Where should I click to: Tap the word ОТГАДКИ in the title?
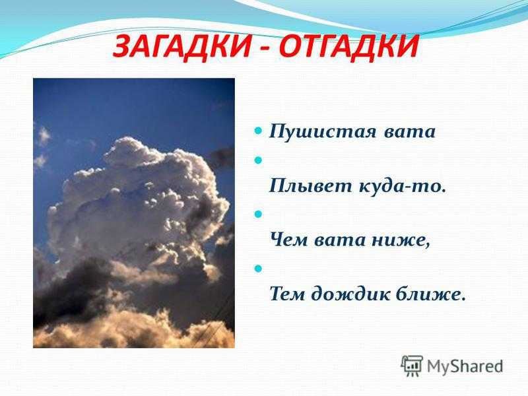(x=349, y=47)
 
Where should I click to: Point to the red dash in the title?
(x=265, y=49)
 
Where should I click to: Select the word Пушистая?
(x=322, y=131)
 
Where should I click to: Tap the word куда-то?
(x=403, y=185)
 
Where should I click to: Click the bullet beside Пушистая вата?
(x=258, y=130)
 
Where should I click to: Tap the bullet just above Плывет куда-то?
(x=258, y=160)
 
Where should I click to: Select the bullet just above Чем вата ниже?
(x=258, y=214)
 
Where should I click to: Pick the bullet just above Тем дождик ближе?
(x=258, y=269)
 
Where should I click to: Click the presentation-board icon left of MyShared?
(x=412, y=366)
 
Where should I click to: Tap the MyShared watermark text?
(x=465, y=366)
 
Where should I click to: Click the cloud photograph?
(x=134, y=213)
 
